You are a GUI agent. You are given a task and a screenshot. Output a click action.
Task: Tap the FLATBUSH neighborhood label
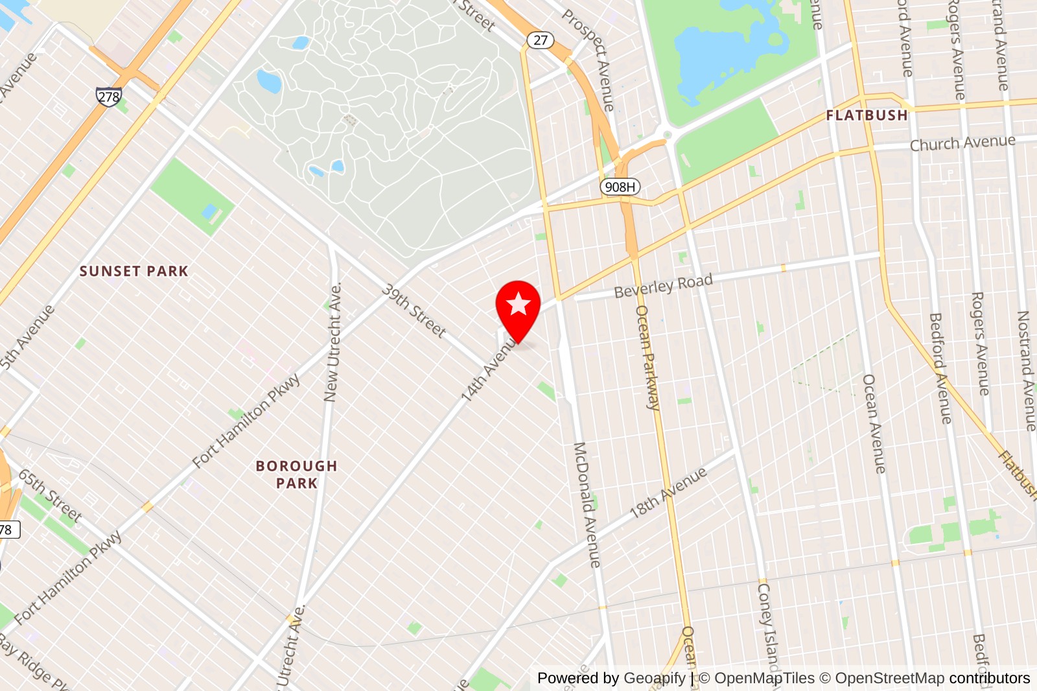[x=867, y=115]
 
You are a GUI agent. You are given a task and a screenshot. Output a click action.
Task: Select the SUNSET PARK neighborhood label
[x=134, y=271]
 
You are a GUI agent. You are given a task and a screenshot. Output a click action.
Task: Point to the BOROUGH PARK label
[x=296, y=474]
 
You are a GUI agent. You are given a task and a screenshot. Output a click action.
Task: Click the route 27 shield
[x=540, y=40]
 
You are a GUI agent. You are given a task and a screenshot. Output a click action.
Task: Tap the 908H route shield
[x=620, y=187]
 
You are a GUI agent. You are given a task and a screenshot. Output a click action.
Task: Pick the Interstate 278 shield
[x=108, y=97]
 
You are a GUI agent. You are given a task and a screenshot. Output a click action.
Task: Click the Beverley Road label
[x=663, y=286]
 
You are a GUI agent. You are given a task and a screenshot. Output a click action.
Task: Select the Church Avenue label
[x=962, y=143]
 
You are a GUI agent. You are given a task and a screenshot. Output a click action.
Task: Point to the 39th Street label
[x=414, y=310]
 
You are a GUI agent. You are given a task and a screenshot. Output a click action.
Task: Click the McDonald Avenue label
[x=587, y=505]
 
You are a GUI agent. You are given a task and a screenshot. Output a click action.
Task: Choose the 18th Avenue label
[x=668, y=493]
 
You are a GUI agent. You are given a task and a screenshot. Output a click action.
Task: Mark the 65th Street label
[x=50, y=497]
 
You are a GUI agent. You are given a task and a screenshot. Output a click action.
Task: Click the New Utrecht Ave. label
[x=332, y=342]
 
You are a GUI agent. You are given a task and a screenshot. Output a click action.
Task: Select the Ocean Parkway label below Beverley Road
[x=647, y=357]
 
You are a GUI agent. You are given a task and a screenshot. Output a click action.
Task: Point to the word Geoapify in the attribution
[x=655, y=678]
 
